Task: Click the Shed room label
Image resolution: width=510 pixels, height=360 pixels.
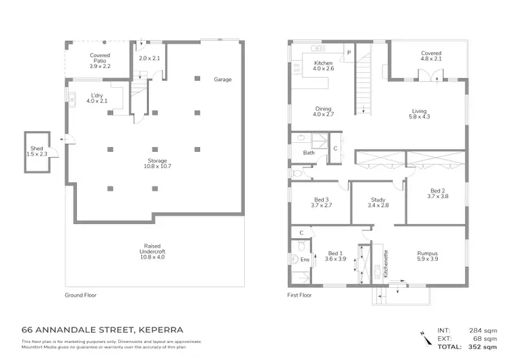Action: pyautogui.click(x=37, y=151)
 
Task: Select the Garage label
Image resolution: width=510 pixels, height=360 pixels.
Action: pyautogui.click(x=223, y=80)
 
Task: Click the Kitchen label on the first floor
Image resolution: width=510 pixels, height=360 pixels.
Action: pyautogui.click(x=323, y=65)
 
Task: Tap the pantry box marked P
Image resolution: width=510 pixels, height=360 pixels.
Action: pyautogui.click(x=349, y=52)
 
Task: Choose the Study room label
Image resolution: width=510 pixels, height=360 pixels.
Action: pyautogui.click(x=378, y=202)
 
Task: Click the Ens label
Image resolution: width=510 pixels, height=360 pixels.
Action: pyautogui.click(x=304, y=259)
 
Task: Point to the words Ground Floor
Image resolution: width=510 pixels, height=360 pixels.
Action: pyautogui.click(x=84, y=295)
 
